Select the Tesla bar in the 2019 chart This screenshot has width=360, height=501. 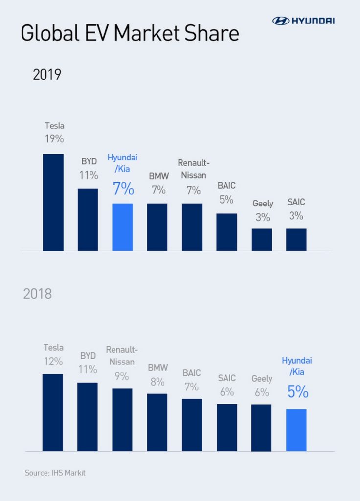[x=53, y=202]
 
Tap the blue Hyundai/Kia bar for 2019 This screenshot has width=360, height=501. [x=122, y=227]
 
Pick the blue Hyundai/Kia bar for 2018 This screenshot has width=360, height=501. [x=296, y=430]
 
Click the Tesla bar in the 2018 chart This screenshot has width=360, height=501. [x=53, y=412]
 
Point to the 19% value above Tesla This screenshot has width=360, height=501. [x=54, y=138]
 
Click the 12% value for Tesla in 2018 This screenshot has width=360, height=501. [x=53, y=362]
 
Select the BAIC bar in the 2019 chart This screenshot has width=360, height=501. [x=226, y=232]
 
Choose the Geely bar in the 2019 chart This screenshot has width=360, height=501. [x=262, y=239]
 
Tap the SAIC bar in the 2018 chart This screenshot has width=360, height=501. [x=227, y=427]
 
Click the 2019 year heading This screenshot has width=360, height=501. [x=47, y=75]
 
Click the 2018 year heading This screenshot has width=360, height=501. [x=38, y=295]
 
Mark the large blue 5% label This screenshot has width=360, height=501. [x=297, y=391]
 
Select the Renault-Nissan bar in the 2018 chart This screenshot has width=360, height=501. [x=122, y=419]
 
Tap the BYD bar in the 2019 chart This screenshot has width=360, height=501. [x=88, y=219]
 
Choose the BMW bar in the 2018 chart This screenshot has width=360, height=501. [x=157, y=422]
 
